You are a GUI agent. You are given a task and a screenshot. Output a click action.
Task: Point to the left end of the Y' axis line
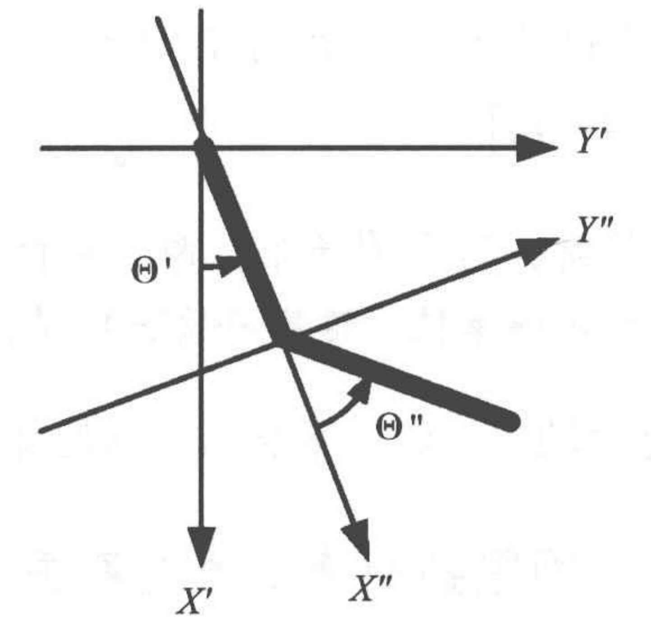[x=41, y=148]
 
